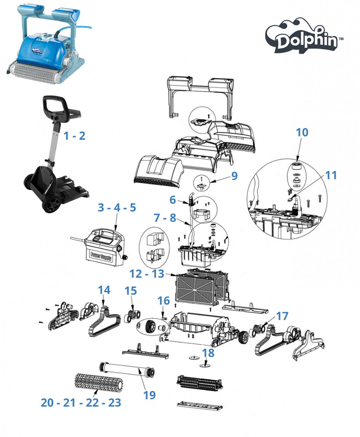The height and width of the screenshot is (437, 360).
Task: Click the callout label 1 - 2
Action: click(x=75, y=136)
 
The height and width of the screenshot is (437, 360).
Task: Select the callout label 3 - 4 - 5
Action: click(x=116, y=208)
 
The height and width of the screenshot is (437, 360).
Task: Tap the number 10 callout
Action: click(x=302, y=133)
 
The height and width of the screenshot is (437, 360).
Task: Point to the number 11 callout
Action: click(x=331, y=176)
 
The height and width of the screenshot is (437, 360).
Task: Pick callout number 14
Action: click(x=104, y=290)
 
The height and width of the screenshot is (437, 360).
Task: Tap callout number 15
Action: click(x=131, y=291)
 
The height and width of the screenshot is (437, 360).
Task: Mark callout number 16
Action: click(x=164, y=301)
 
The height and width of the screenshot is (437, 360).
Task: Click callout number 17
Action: click(x=282, y=316)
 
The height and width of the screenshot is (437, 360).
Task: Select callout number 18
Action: click(x=208, y=352)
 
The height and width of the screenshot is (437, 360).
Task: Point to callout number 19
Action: click(x=150, y=395)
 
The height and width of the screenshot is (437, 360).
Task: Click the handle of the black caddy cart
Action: click(x=58, y=102)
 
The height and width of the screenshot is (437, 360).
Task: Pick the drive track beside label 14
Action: click(x=103, y=322)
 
